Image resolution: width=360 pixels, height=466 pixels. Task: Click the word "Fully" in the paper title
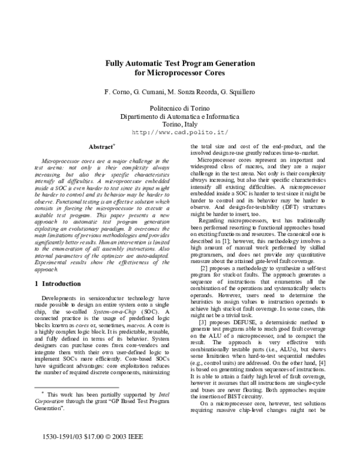pos(117,63)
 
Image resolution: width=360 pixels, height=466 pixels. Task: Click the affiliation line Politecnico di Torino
pos(179,107)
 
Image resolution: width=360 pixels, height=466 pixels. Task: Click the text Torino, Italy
pos(179,124)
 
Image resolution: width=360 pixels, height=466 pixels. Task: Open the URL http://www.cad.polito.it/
pos(179,133)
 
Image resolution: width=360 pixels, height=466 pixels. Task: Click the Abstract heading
pos(101,147)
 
